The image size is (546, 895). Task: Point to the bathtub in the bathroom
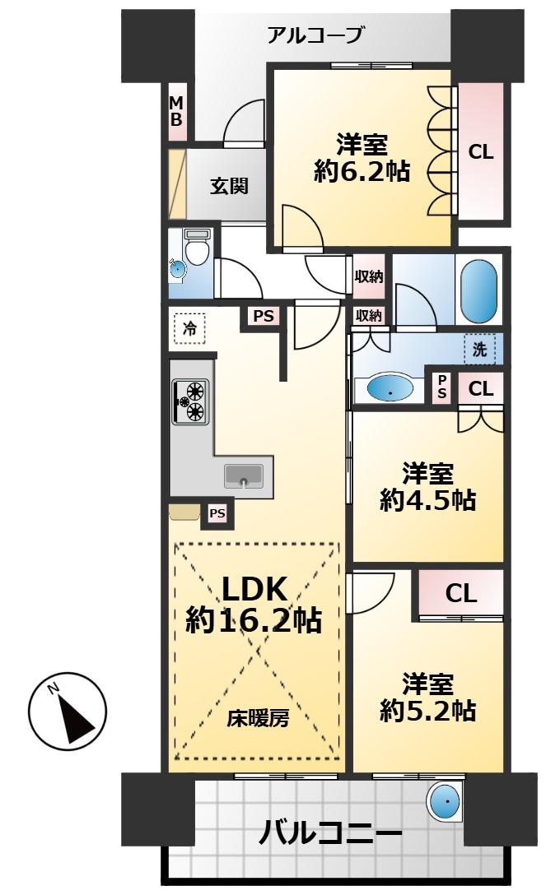tap(478, 291)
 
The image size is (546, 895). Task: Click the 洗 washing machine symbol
tap(479, 349)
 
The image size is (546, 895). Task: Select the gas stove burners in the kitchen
tap(193, 400)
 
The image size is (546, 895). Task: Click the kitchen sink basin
tap(243, 476)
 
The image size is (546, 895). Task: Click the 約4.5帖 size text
tap(427, 500)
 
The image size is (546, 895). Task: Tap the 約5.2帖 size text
tap(427, 709)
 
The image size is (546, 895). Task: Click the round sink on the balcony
tap(446, 800)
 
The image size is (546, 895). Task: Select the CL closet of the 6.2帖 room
tap(481, 151)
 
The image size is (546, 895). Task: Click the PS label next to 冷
tap(263, 316)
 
